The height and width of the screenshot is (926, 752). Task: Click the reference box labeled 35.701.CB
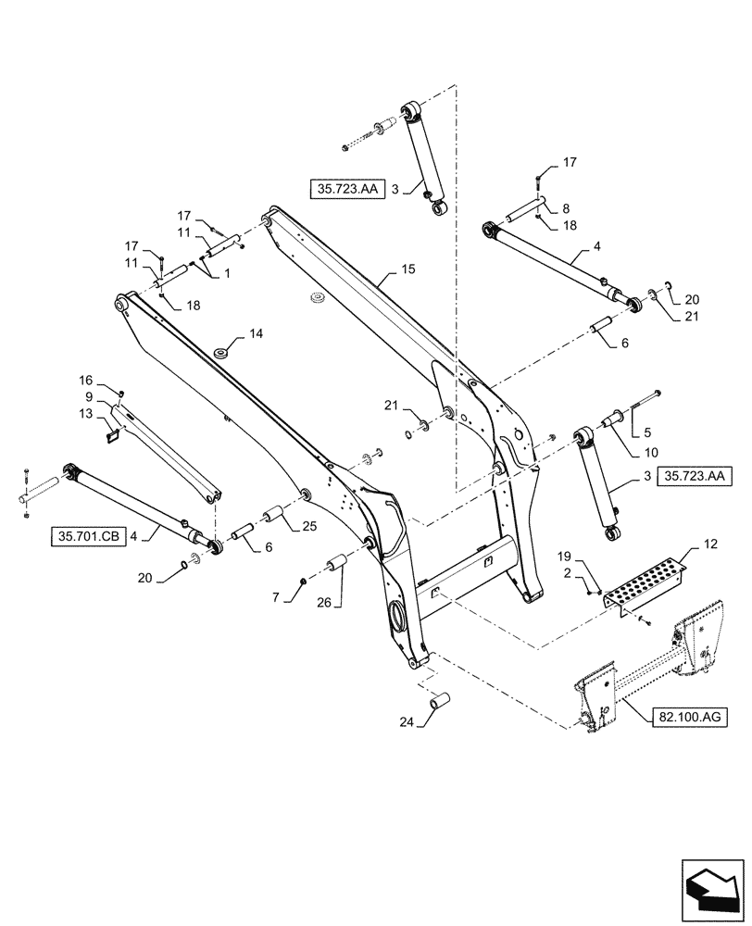click(88, 534)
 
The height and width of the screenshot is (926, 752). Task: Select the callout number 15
click(408, 269)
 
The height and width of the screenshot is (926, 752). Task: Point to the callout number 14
click(256, 332)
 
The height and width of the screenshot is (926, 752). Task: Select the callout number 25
click(308, 527)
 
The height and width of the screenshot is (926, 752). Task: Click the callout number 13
click(84, 413)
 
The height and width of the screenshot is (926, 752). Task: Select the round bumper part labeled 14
click(223, 352)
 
